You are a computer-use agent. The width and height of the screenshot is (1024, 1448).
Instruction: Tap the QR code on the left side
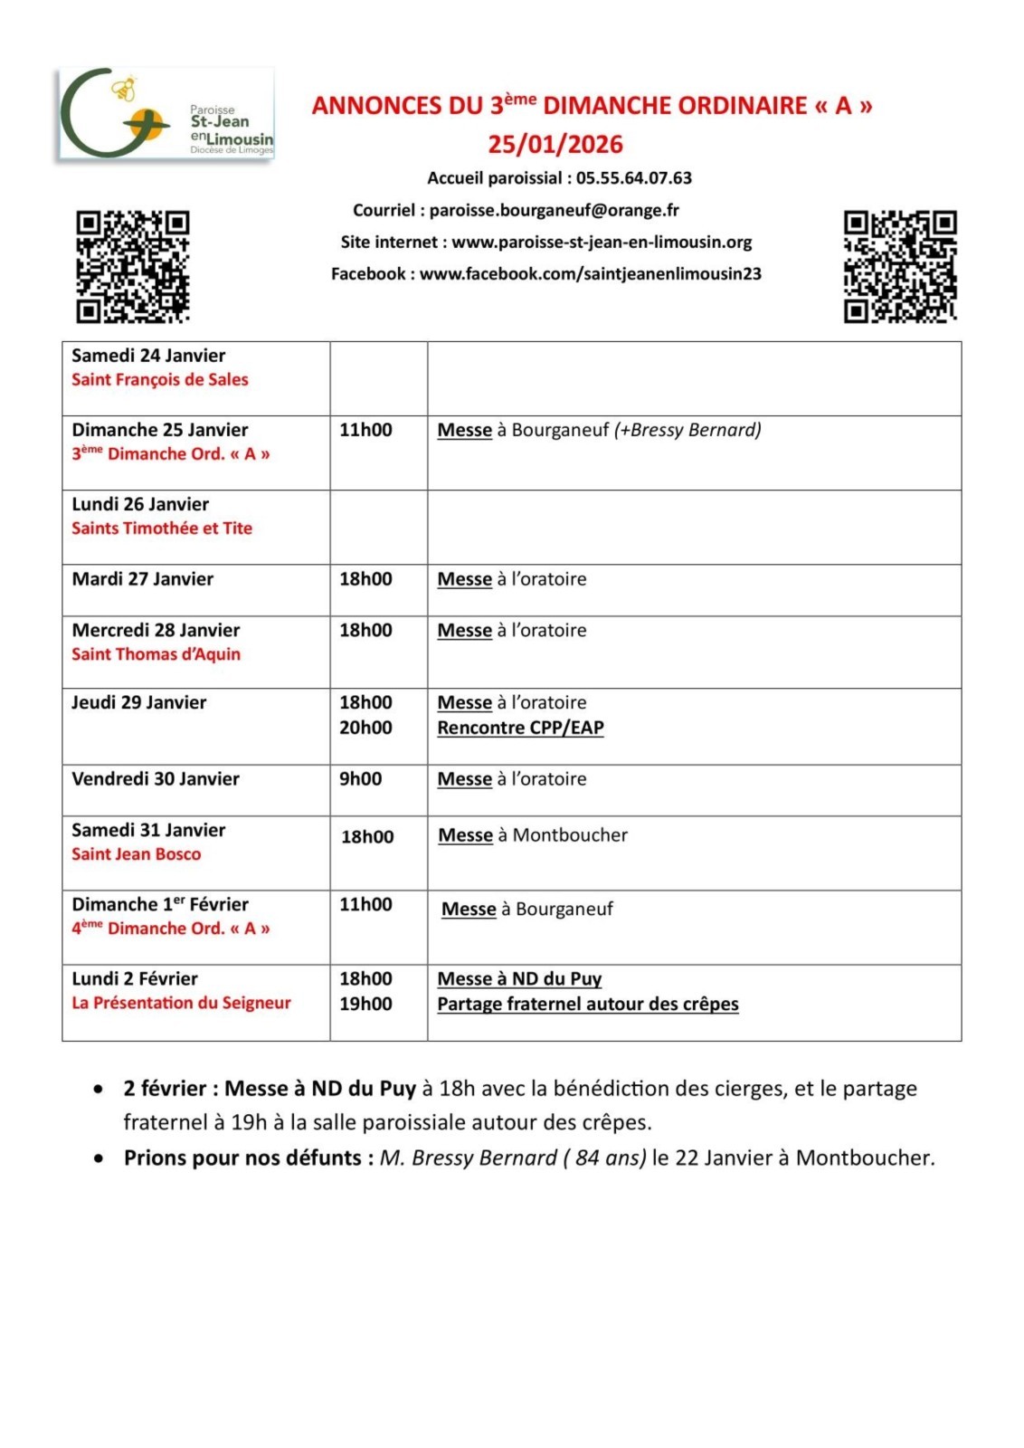tap(133, 266)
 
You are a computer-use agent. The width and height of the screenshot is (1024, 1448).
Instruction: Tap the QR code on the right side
tap(900, 266)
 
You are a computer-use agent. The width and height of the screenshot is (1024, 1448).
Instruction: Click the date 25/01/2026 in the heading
tap(555, 144)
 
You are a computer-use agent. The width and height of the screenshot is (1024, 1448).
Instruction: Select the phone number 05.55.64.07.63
tap(633, 178)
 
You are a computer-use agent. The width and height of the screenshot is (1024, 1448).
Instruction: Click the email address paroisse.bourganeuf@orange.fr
tap(554, 210)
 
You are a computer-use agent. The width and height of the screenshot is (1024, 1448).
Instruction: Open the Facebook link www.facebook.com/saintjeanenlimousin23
tap(590, 273)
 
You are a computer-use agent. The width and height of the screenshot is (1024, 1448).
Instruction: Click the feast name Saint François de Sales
tap(160, 380)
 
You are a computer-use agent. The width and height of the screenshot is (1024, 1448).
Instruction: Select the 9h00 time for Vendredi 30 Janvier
tap(360, 779)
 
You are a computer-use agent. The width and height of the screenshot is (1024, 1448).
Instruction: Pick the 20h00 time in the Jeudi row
tap(365, 728)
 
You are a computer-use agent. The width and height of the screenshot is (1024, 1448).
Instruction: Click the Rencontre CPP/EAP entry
tap(520, 728)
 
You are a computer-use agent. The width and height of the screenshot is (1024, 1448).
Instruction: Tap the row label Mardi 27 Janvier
tap(143, 579)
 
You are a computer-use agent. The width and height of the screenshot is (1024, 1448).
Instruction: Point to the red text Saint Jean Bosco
tap(137, 854)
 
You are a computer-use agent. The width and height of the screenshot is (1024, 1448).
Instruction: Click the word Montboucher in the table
tap(570, 835)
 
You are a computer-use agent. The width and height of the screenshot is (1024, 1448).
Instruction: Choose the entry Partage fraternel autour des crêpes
tap(588, 1004)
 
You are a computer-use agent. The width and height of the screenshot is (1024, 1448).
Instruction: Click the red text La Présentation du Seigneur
tap(181, 1003)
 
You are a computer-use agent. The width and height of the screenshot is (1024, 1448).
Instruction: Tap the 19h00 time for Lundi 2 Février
tap(365, 1004)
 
